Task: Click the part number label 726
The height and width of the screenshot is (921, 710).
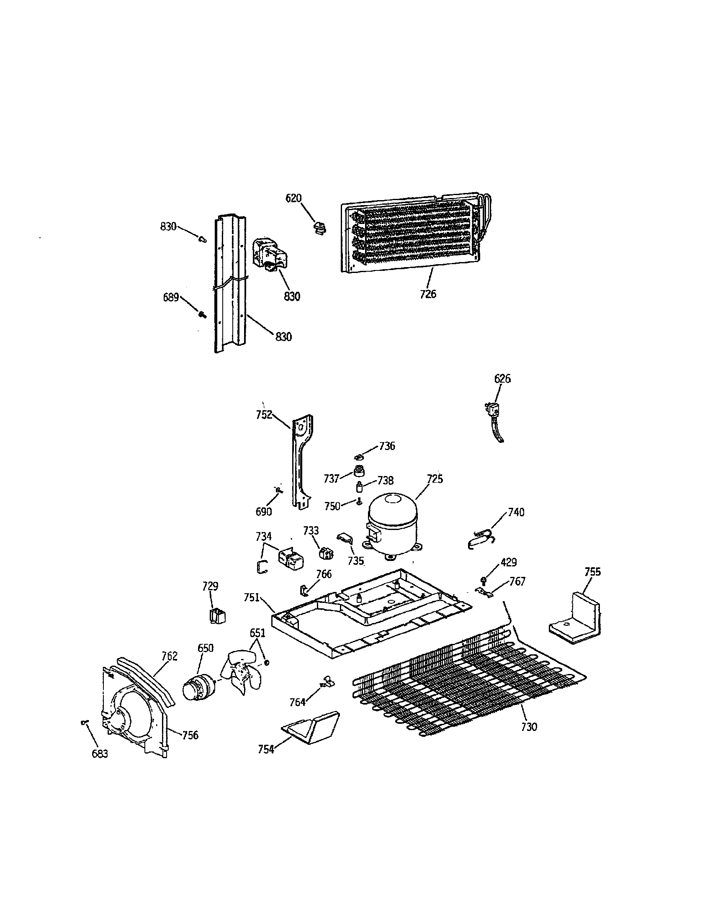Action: pos(428,294)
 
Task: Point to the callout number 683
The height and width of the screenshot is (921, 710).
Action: pos(100,754)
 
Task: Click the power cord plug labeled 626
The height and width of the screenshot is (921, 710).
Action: pos(490,410)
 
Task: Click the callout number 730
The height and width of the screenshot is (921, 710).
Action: pos(529,727)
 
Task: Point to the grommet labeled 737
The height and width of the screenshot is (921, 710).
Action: pos(359,471)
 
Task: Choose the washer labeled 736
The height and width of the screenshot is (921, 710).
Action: pos(359,456)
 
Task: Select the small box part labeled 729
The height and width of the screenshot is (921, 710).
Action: pos(217,617)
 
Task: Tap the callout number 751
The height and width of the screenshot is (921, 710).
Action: pos(252,597)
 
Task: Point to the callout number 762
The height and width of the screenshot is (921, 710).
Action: pos(170,656)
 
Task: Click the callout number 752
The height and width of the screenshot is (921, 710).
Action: pos(264,415)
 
